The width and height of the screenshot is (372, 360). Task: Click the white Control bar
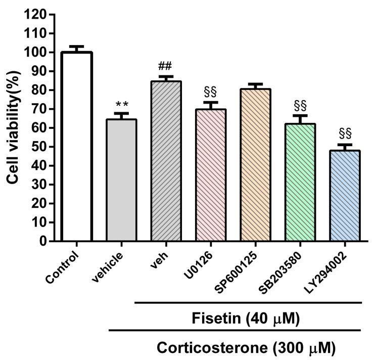[x=76, y=147]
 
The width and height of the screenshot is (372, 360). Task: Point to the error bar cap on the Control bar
[x=76, y=46]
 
